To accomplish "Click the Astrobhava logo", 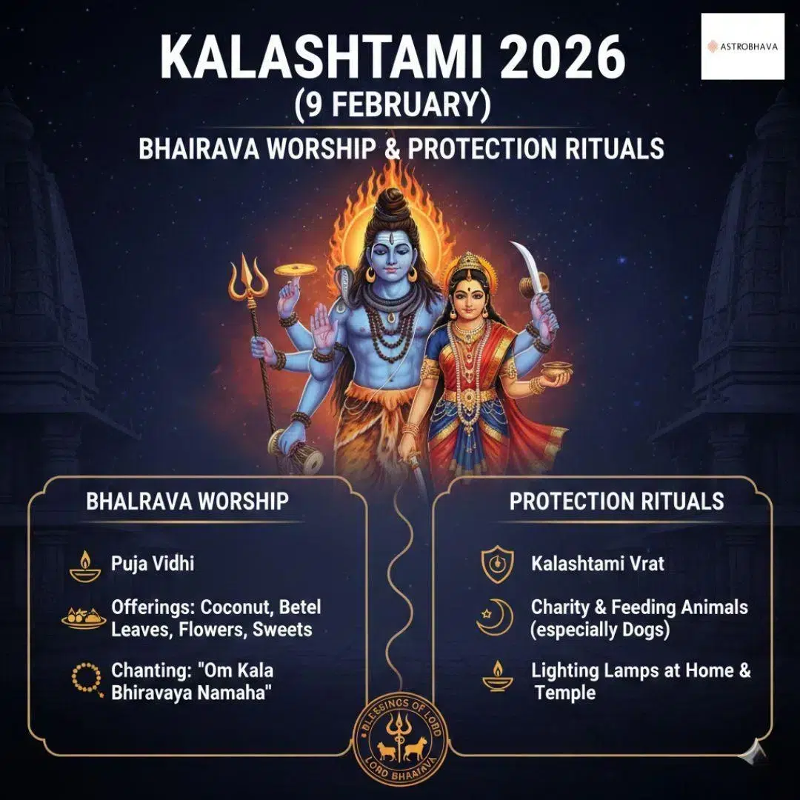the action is coord(742,47).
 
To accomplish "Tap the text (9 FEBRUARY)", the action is coord(393,104).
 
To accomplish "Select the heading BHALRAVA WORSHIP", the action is coord(187,501).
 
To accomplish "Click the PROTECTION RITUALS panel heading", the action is coord(616,501).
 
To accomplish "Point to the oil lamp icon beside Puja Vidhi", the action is coord(85,566).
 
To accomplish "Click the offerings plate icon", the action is coord(84,619).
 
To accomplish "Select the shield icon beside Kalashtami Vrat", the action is coord(498,564).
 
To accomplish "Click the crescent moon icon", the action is coord(496,617).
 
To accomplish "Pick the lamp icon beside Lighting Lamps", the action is coord(498,676).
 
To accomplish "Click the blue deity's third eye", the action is coord(390,239).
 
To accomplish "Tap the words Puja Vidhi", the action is coord(153,564).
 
